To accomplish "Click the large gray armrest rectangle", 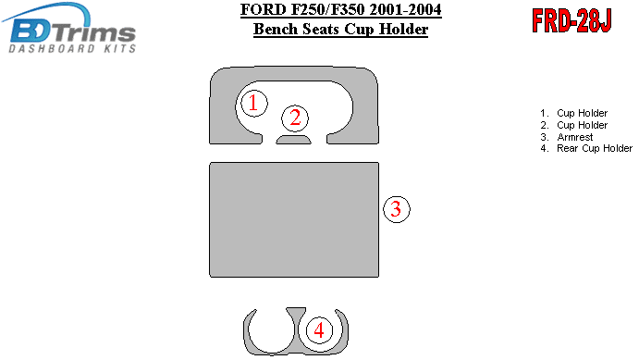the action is coord(294,219).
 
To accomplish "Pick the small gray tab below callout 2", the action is coord(293,140).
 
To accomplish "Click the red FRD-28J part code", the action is coord(571,20).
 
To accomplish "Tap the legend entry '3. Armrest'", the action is coord(567,137).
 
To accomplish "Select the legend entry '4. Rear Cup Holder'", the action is coord(586,148).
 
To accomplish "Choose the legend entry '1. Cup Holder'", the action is coord(573,113).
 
